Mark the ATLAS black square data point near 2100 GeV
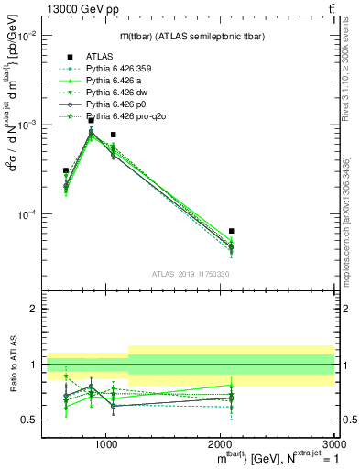231,231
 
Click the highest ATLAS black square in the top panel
91,120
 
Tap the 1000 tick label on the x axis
106,443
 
